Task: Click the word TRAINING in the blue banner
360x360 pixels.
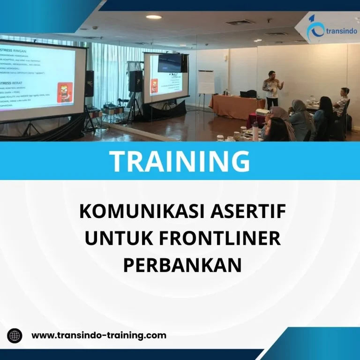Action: click(x=180, y=160)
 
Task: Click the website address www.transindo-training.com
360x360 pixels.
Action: click(x=99, y=335)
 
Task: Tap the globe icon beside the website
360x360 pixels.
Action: click(x=15, y=336)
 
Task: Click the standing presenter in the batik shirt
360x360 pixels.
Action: click(x=272, y=89)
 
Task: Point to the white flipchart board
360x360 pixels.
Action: click(x=206, y=82)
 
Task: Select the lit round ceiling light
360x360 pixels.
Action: click(x=153, y=17)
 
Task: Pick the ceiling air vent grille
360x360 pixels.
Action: click(x=240, y=22)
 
